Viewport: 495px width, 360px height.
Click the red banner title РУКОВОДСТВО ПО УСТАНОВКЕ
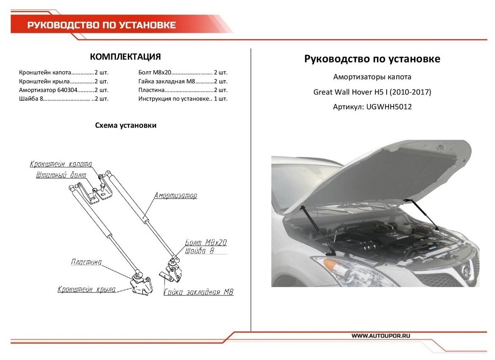click(101, 25)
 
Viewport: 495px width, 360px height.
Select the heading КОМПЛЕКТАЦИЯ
click(126, 57)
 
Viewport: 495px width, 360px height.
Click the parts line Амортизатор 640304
click(64, 90)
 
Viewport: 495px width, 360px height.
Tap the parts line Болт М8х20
click(183, 72)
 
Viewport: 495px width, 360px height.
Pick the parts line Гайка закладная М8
click(183, 81)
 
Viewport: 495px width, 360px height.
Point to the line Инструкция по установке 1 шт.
click(183, 99)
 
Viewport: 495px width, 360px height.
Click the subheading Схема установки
click(126, 125)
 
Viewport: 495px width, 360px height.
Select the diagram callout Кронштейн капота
click(61, 164)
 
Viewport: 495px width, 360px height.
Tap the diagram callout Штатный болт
click(61, 174)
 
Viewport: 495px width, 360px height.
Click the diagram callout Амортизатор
click(175, 196)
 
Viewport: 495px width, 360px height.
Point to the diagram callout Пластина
click(86, 262)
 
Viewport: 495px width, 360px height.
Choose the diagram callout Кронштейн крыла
click(87, 290)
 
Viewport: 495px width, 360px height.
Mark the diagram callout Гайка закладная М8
click(198, 292)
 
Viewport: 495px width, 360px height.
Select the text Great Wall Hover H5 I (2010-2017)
click(372, 92)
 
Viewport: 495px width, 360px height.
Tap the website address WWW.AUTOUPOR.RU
click(381, 336)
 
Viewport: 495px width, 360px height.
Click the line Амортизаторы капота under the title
click(372, 77)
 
